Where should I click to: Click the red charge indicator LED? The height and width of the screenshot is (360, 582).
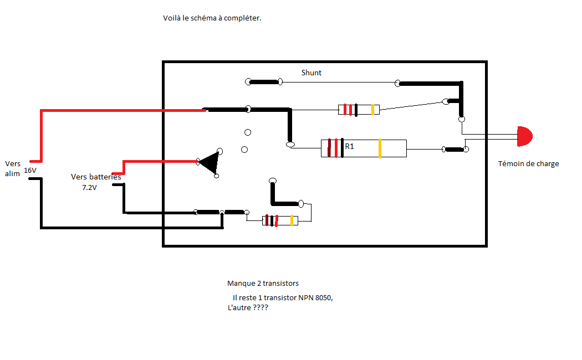(x=524, y=136)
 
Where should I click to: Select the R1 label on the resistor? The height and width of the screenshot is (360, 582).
(x=350, y=147)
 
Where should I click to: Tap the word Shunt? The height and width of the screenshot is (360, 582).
(x=311, y=73)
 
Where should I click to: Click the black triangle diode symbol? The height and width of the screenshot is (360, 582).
(x=210, y=162)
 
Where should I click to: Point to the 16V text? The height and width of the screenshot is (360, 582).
(x=30, y=171)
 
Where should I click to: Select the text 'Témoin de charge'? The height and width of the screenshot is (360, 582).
(x=528, y=163)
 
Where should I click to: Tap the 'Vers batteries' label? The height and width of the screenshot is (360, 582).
(x=96, y=177)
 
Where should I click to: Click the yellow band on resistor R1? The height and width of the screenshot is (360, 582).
(x=380, y=148)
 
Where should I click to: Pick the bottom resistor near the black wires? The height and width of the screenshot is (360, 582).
(x=280, y=220)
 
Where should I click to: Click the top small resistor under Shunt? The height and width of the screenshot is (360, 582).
(x=359, y=110)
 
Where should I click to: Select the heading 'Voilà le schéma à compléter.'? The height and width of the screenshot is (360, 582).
(x=212, y=18)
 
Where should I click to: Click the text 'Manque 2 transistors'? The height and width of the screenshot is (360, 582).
(x=263, y=283)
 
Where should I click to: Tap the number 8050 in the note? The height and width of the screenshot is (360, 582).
(x=323, y=297)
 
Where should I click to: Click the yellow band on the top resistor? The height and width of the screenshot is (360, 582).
(x=373, y=110)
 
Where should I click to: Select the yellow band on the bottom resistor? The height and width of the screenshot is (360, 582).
(x=292, y=220)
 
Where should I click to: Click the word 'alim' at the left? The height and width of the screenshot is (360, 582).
(x=12, y=173)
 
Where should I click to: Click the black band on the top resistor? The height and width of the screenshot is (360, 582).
(x=356, y=110)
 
